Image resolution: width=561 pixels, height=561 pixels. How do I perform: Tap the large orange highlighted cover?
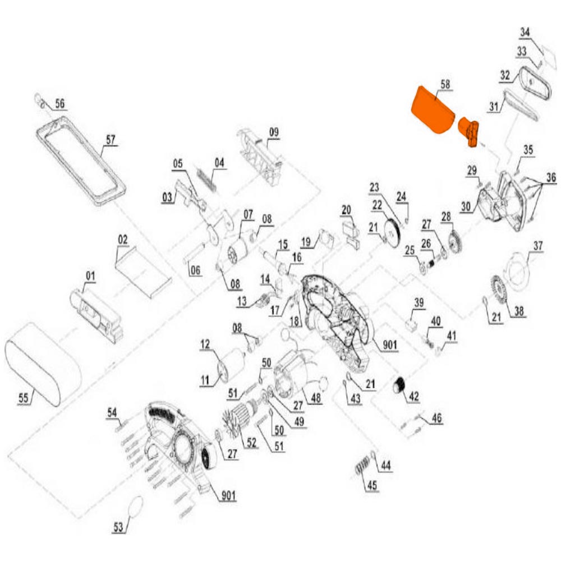pyautogui.click(x=431, y=111)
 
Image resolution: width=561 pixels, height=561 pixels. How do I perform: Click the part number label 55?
pyautogui.click(x=23, y=398)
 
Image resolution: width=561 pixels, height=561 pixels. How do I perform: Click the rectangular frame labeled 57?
pyautogui.click(x=79, y=163)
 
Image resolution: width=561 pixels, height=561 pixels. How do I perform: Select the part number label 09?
pyautogui.click(x=273, y=132)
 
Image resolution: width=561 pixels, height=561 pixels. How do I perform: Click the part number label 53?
pyautogui.click(x=118, y=527)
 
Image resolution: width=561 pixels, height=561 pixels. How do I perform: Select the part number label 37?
pyautogui.click(x=539, y=246)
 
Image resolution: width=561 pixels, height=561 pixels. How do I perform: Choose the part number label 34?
pyautogui.click(x=525, y=33)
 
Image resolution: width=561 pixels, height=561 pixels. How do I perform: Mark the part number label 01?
pyautogui.click(x=90, y=276)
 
